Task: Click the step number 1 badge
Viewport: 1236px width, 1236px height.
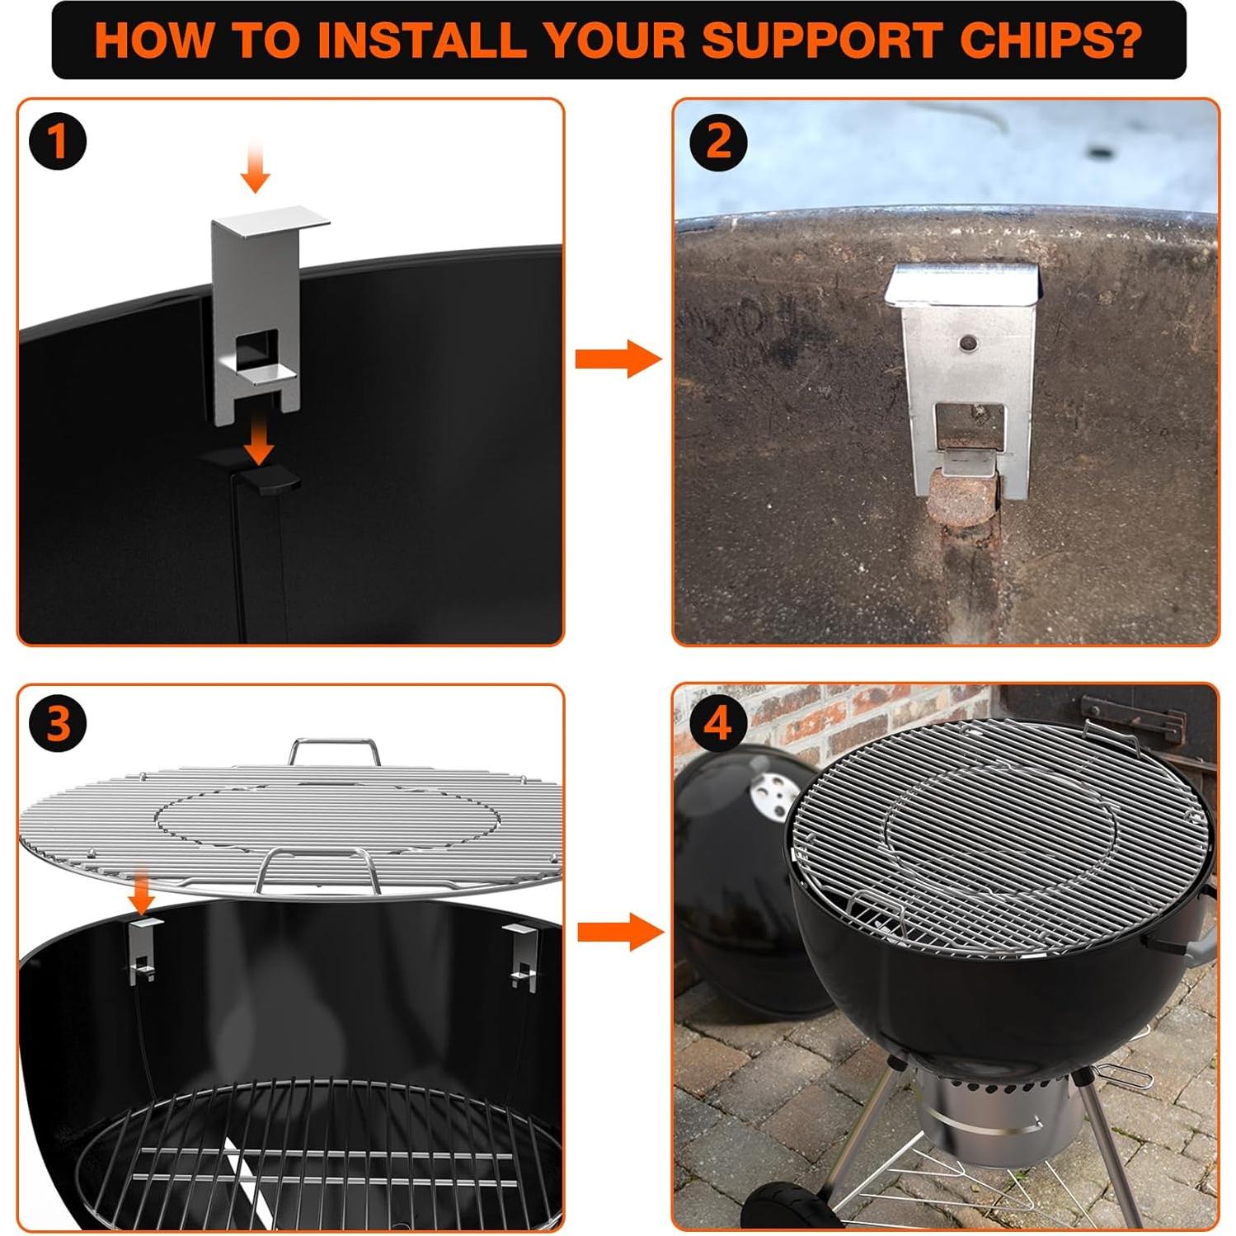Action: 58,141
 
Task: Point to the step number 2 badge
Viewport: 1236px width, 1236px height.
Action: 718,142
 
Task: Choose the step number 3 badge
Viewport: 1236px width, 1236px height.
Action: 58,723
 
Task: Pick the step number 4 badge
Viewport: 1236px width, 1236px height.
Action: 718,723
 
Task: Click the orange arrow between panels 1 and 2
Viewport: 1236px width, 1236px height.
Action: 618,358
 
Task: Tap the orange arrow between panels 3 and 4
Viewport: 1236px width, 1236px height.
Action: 620,932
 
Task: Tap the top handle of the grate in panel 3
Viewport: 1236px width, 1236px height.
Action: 334,750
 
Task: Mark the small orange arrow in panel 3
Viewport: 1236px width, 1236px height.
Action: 142,892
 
